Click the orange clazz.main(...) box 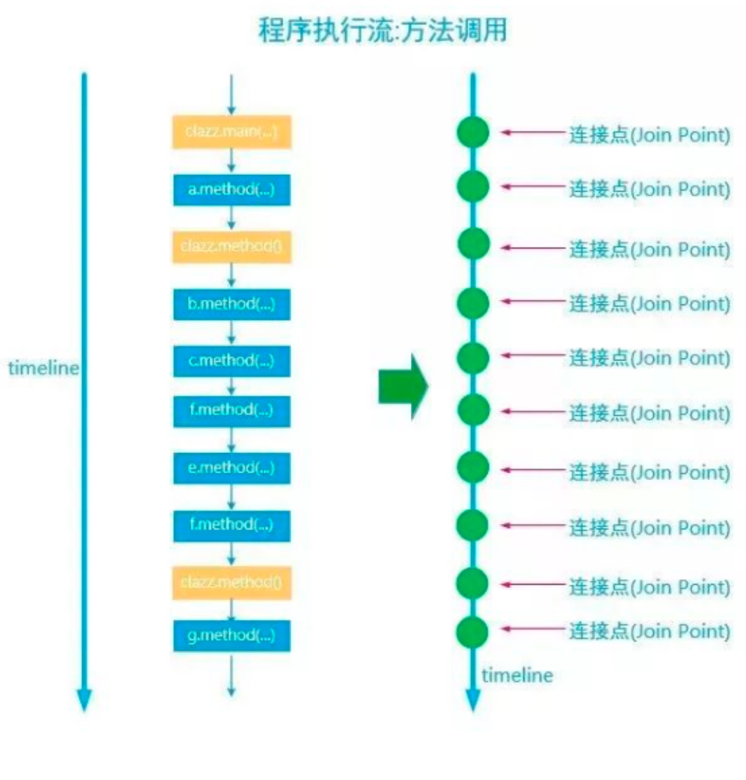(x=231, y=132)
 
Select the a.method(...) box (x=231, y=190)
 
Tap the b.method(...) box (x=231, y=304)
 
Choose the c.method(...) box (x=231, y=360)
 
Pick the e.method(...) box (x=231, y=468)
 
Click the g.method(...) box (x=231, y=635)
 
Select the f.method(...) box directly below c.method (x=231, y=410)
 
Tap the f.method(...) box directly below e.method (x=231, y=525)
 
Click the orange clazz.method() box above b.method (x=231, y=246)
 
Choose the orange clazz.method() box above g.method (x=231, y=582)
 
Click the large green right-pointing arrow (x=403, y=387)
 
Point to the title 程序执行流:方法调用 (x=383, y=30)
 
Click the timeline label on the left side (x=43, y=368)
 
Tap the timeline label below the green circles (x=517, y=675)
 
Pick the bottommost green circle (x=473, y=631)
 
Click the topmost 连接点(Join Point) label (x=649, y=135)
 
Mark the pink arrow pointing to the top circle (x=532, y=133)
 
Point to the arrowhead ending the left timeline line (x=84, y=701)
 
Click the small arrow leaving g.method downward (x=231, y=675)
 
